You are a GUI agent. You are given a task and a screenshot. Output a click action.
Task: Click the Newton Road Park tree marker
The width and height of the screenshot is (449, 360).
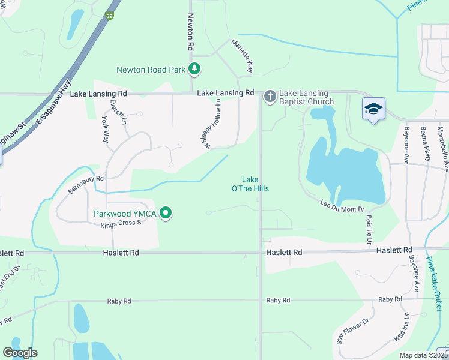pyautogui.click(x=194, y=70)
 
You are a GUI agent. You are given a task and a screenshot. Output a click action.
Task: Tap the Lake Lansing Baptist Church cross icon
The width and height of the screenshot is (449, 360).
pyautogui.click(x=270, y=96)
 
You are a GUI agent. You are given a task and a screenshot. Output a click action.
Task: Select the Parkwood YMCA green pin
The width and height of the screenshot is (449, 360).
pyautogui.click(x=167, y=213)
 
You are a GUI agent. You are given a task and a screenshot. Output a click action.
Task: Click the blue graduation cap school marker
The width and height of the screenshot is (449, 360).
pyautogui.click(x=373, y=109)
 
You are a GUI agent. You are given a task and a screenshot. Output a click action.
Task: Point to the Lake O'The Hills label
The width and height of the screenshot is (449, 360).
pyautogui.click(x=255, y=184)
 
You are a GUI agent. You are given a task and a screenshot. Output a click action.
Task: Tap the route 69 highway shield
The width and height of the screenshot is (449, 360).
pyautogui.click(x=109, y=16)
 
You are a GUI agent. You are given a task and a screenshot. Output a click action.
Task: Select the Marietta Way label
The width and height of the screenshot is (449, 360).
pyautogui.click(x=243, y=56)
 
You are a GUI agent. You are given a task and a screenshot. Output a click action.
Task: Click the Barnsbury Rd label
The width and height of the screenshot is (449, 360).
pyautogui.click(x=86, y=185)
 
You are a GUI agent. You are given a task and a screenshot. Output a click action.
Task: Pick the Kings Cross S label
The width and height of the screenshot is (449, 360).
pyautogui.click(x=121, y=223)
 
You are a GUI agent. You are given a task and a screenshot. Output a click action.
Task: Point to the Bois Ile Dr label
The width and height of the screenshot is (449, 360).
pyautogui.click(x=367, y=230)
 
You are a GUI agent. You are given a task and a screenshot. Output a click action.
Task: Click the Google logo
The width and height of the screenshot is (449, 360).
pyautogui.click(x=20, y=353)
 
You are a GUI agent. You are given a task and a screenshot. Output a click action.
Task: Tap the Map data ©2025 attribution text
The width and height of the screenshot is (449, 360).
pyautogui.click(x=421, y=355)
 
